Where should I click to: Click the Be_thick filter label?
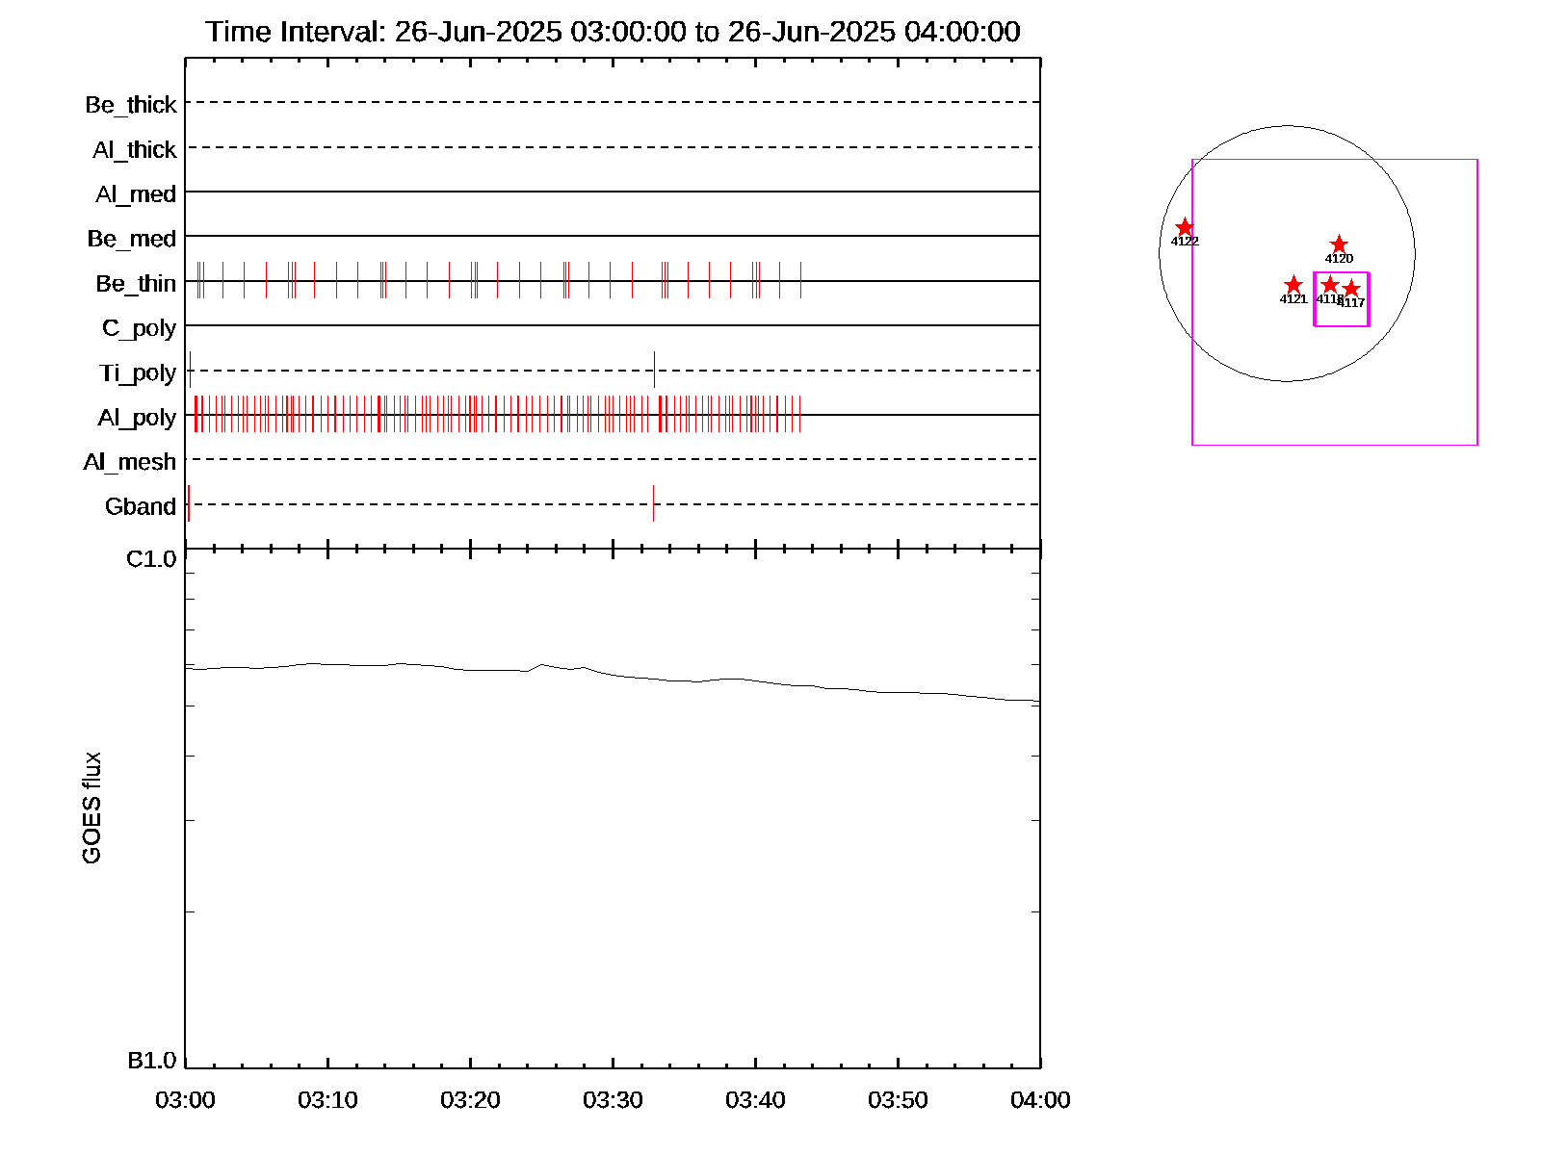tap(131, 104)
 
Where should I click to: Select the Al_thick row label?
tap(135, 149)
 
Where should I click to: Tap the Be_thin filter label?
tap(136, 283)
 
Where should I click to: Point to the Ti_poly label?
tap(138, 372)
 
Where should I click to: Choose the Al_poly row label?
tap(137, 417)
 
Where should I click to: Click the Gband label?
tap(141, 506)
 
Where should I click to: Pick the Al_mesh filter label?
tap(130, 462)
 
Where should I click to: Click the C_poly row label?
tap(140, 328)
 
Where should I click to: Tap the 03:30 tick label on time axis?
tap(613, 1099)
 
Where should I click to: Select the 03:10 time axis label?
tap(327, 1099)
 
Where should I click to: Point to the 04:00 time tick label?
tap(1040, 1099)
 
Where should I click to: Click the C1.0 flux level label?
tap(151, 559)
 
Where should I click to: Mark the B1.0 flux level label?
tap(151, 1061)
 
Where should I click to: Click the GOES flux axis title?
tap(91, 808)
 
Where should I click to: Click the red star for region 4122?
tap(1185, 227)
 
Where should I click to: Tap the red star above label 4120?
tap(1339, 244)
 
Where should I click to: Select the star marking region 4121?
tap(1293, 285)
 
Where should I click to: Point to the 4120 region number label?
tap(1339, 259)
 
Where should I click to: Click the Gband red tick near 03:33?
tap(653, 503)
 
